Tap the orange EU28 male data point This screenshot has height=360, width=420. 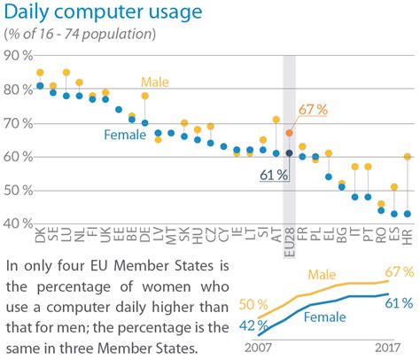289,132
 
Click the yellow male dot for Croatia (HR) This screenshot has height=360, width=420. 408,156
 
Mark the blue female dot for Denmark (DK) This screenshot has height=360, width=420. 40,86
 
